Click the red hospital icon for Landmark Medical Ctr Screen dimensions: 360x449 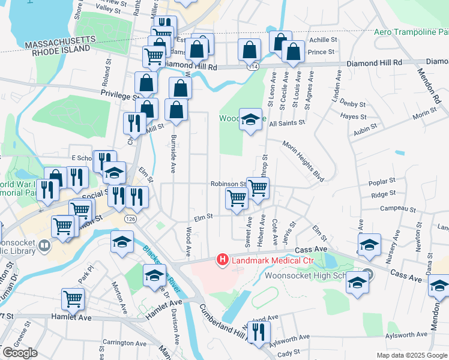click(x=223, y=260)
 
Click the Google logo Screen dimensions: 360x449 click(x=20, y=353)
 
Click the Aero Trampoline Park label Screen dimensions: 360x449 click(x=411, y=32)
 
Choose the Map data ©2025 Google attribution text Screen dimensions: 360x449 click(x=412, y=355)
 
